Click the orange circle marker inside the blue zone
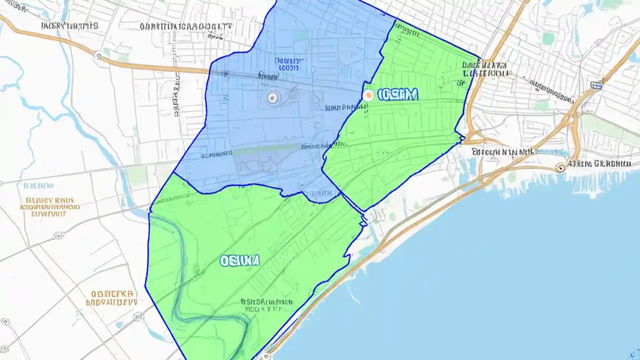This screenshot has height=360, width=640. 272,98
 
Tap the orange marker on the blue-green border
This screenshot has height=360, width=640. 368,95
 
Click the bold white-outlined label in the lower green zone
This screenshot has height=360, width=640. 239,260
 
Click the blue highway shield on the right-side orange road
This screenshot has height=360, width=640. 593,85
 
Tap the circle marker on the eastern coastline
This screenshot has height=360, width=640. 560,168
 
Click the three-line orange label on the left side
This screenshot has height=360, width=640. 48,206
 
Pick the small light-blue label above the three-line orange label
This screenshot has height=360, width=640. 38,185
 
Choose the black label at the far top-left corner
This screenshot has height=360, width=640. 69,25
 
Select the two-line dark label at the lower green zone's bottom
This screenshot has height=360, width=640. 266,305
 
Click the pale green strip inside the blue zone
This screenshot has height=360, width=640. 260,149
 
